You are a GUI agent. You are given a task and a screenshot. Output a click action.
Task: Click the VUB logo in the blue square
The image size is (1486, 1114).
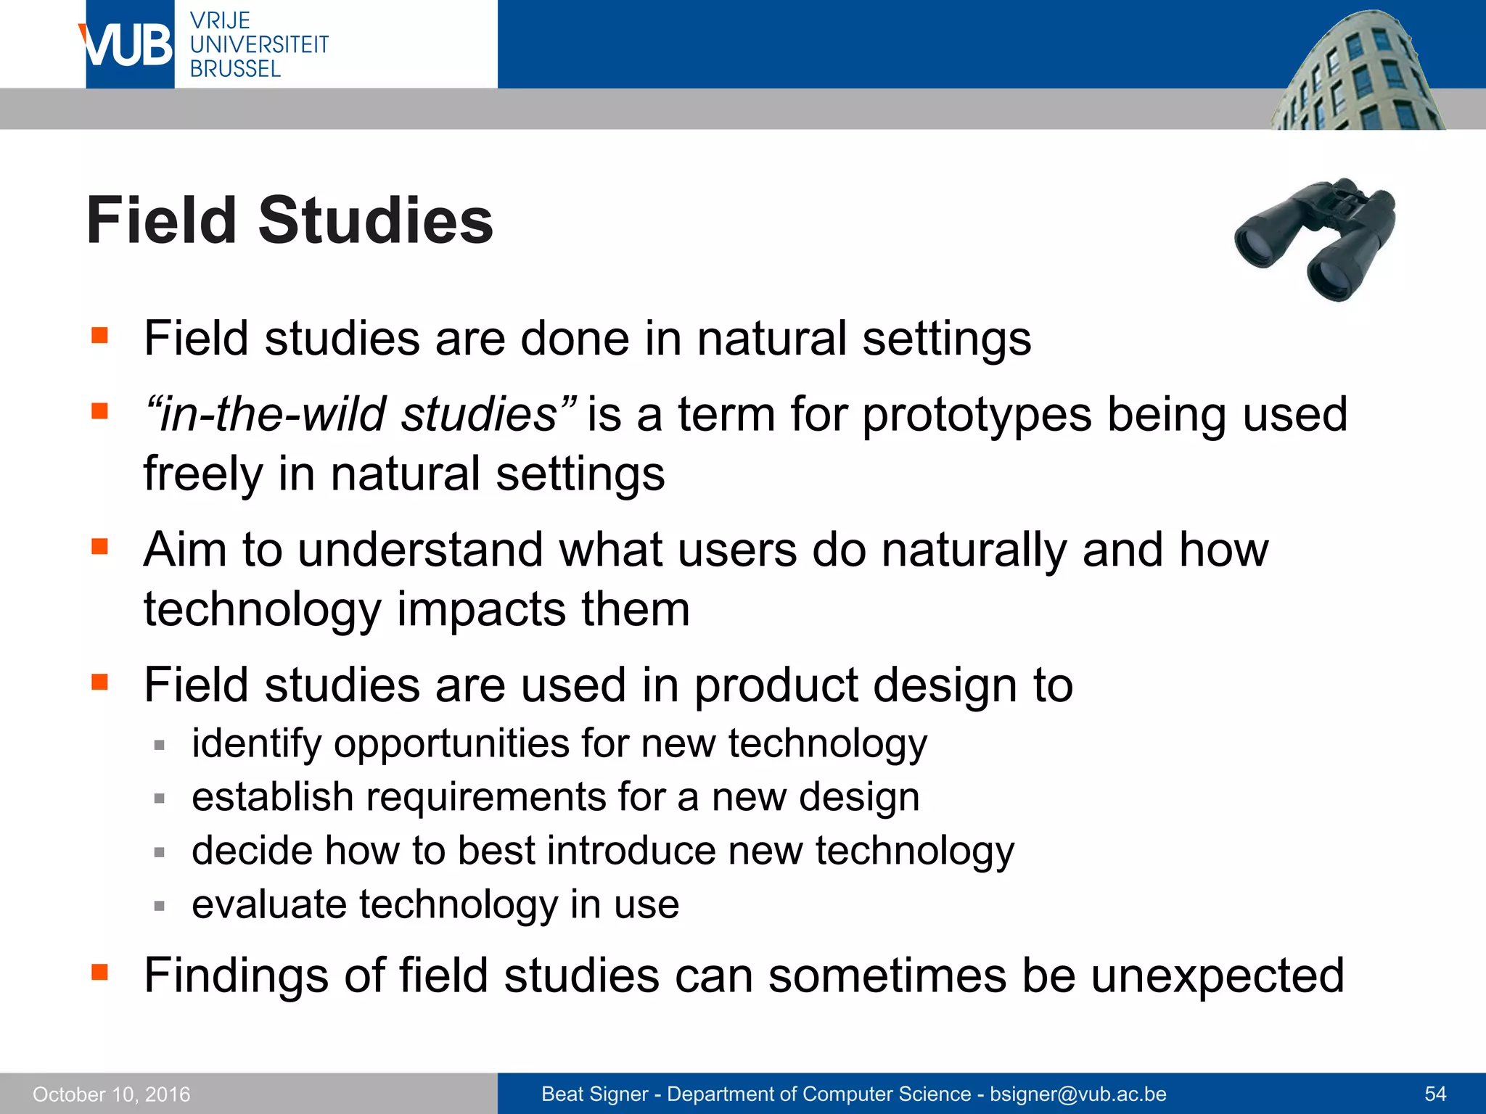tap(129, 45)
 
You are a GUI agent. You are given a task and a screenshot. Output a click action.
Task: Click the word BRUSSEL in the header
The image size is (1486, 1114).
tap(235, 69)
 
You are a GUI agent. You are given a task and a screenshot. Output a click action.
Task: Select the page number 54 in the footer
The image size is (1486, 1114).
tap(1435, 1094)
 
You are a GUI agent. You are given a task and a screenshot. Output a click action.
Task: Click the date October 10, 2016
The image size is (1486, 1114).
tap(112, 1094)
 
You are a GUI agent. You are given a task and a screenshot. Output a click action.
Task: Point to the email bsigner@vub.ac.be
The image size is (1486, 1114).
tap(1078, 1094)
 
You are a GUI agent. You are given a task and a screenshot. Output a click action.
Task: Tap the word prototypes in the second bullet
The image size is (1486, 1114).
tap(977, 414)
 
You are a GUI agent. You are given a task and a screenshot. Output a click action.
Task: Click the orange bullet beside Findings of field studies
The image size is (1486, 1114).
tap(99, 971)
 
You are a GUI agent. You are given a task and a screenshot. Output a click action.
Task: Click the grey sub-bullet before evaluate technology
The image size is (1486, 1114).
tap(160, 905)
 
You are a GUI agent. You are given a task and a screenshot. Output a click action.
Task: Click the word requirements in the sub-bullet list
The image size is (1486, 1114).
tap(485, 797)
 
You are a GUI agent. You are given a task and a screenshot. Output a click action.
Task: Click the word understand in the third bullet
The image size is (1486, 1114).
tap(420, 549)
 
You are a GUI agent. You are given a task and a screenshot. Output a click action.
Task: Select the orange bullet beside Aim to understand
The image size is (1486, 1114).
tap(99, 545)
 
